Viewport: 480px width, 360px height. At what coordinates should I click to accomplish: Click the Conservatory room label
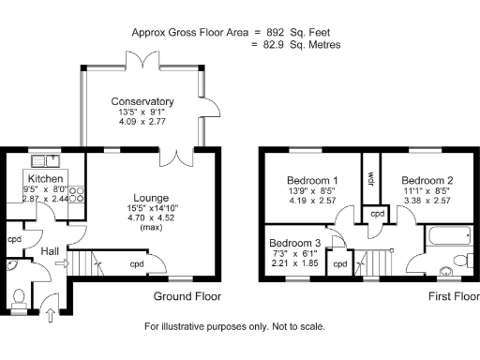coord(142,101)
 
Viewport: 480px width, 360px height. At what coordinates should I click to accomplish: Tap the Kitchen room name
coord(45,178)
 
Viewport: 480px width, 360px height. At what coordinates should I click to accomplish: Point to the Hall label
coord(50,251)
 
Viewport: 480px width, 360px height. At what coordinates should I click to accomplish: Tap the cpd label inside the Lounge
coord(137,263)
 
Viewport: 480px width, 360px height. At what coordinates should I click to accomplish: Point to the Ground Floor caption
coord(187,297)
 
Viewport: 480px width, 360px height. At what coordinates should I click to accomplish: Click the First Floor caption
coord(452,297)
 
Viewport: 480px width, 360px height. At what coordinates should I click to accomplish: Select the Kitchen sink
coord(42,159)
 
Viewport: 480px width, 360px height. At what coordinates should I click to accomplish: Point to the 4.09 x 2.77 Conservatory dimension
coord(142,123)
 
